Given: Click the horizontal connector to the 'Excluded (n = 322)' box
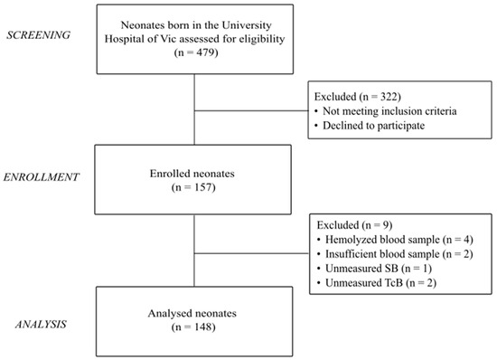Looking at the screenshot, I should [250, 111].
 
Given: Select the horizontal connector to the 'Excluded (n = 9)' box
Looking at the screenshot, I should [250, 250].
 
